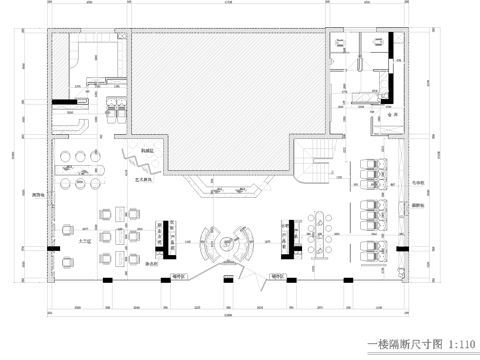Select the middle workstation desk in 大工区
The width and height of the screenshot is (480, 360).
pyautogui.click(x=130, y=213)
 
